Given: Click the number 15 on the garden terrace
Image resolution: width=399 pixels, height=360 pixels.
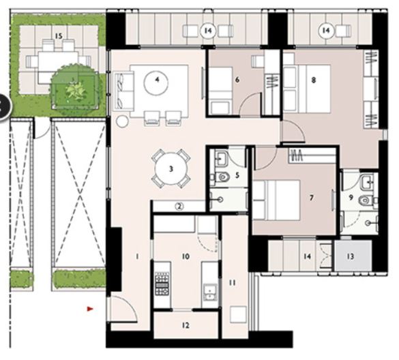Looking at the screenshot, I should pos(59,35).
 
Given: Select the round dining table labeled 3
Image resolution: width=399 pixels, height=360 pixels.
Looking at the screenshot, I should pos(172,168).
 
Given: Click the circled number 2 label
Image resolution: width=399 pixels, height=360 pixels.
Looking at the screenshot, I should pos(179,207).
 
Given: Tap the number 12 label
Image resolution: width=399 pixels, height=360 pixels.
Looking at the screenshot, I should pos(186,325).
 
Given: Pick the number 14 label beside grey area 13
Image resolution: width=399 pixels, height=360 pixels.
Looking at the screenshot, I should pos(308,256).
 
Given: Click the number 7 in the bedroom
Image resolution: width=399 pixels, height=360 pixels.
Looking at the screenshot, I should pos(311,198).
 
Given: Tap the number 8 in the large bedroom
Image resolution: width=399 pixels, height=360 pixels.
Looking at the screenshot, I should pos(313,80).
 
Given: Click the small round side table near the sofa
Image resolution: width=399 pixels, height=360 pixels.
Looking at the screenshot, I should pos(122,121).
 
